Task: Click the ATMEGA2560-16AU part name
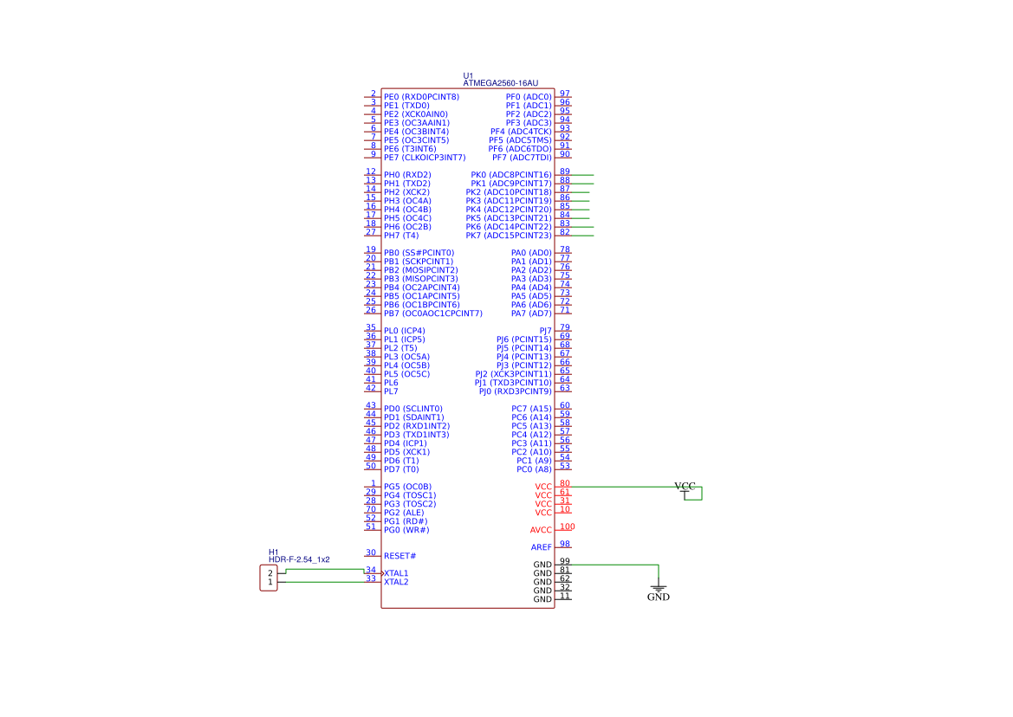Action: tap(500, 83)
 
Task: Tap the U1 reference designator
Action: tap(468, 75)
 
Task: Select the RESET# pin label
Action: tap(399, 556)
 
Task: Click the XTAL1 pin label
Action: tap(396, 573)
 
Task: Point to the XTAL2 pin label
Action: tap(396, 582)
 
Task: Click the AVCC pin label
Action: tap(541, 530)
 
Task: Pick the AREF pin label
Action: tap(542, 547)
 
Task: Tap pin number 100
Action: tap(568, 526)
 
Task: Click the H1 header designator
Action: tap(273, 552)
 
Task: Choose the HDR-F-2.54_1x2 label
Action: tap(299, 559)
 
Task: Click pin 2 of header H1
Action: tap(270, 573)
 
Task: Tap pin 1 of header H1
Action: tap(270, 582)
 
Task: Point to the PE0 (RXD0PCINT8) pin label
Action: tap(421, 97)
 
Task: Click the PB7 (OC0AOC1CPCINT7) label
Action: tap(433, 313)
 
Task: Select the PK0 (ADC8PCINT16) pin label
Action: tap(511, 175)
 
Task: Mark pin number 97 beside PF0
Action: tap(565, 94)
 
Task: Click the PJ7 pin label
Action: tap(545, 331)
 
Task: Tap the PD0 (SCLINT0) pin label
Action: tap(412, 409)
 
